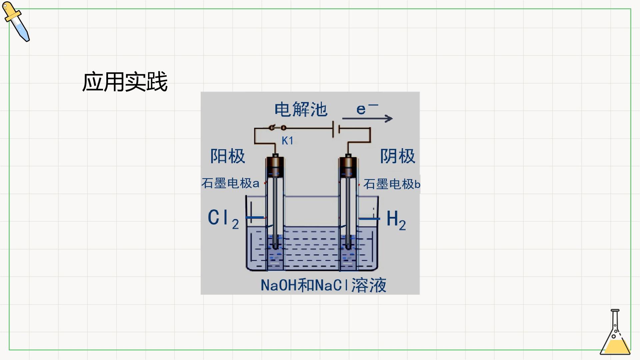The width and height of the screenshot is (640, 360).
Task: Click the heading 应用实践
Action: point(125,82)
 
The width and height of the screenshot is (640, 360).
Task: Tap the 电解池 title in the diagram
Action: point(301,110)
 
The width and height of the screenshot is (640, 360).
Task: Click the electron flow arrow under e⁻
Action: point(367,118)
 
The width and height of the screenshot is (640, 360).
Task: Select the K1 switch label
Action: point(287,141)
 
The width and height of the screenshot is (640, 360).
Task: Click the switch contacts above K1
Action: point(278,127)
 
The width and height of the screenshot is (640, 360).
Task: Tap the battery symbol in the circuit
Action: point(336,129)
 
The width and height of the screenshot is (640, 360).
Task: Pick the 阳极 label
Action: point(228,156)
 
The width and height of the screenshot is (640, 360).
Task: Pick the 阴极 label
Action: point(398,156)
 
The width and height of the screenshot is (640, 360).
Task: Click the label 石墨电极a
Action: point(230,183)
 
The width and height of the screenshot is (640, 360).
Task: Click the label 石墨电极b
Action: point(392,184)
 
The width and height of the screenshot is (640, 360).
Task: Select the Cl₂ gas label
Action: point(223,219)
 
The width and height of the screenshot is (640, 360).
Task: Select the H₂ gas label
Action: point(396,220)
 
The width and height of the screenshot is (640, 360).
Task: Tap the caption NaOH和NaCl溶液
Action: point(323,285)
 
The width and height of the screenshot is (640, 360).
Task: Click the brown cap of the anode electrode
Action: point(275,167)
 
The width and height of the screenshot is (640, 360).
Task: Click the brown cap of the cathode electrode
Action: point(348,167)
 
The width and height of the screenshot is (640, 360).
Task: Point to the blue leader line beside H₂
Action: point(369,219)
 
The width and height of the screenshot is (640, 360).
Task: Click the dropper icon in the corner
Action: point(16,22)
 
